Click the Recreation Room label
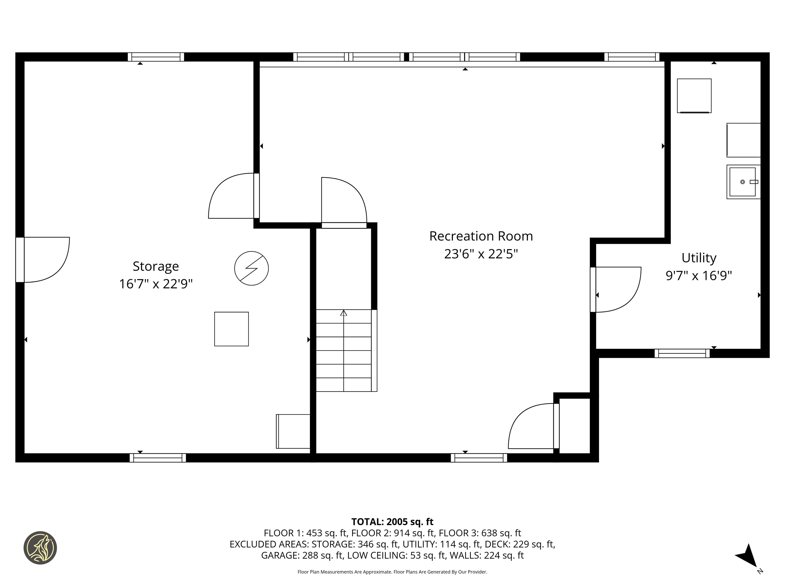click(x=481, y=236)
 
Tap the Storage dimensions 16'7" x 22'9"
click(x=156, y=284)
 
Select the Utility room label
click(x=698, y=258)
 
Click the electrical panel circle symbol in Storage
click(x=251, y=268)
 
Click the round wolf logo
click(x=40, y=548)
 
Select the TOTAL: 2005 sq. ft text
click(x=392, y=522)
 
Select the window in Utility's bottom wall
click(x=682, y=353)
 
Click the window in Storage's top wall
click(x=156, y=57)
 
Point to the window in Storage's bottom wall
click(x=158, y=458)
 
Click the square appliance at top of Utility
click(x=694, y=96)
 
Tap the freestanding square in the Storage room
click(x=231, y=329)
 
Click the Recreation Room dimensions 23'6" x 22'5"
click(x=481, y=254)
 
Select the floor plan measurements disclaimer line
click(x=392, y=572)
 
